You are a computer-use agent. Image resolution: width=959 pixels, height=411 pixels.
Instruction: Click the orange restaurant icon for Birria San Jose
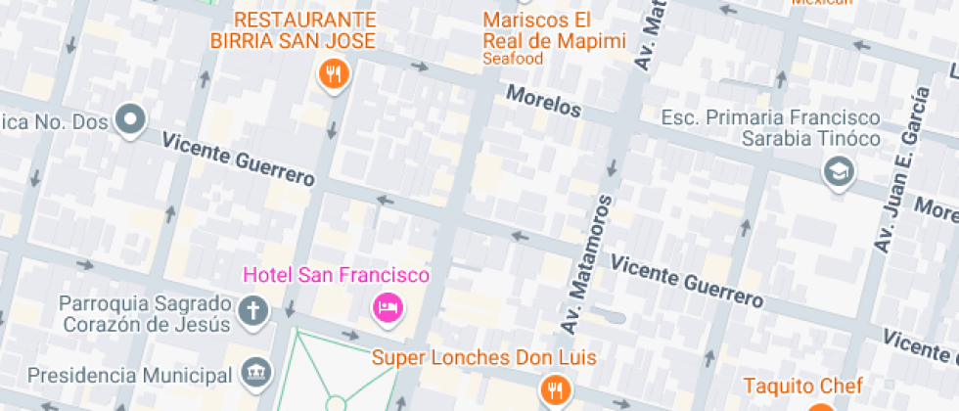335,73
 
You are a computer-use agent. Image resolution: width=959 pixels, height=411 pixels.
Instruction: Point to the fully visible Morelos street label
543,101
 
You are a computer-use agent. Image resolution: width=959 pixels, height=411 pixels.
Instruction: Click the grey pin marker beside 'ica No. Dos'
130,120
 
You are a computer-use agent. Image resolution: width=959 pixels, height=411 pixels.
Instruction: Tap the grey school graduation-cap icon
840,173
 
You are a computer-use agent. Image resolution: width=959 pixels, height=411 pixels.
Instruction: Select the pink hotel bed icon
388,308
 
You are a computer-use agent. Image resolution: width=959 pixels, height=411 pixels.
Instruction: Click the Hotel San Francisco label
336,276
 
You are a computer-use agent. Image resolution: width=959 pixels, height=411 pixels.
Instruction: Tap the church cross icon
253,312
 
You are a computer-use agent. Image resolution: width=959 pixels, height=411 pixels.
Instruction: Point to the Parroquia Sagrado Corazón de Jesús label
144,312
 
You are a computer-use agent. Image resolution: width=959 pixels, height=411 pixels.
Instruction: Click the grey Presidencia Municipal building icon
254,373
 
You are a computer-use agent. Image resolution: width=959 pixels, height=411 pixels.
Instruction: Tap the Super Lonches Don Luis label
483,357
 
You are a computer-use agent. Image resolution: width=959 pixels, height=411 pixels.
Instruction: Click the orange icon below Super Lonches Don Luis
557,388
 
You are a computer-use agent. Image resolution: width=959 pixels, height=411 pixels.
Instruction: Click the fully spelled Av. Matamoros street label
585,262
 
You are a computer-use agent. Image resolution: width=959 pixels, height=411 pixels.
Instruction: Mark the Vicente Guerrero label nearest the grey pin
239,161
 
